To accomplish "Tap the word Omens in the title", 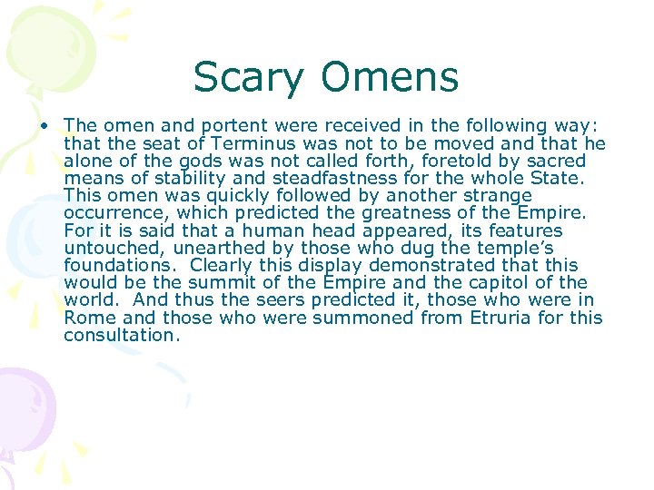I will [388, 77].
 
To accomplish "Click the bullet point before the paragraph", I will [45, 125].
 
